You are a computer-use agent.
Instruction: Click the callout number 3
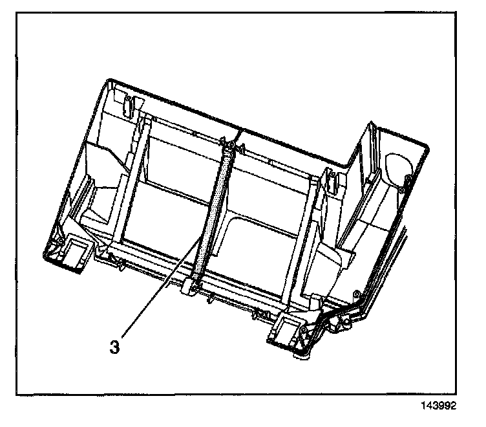[114, 347]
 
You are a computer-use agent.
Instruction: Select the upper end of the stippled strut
[227, 148]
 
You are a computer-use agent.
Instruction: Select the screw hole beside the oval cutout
[407, 178]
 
